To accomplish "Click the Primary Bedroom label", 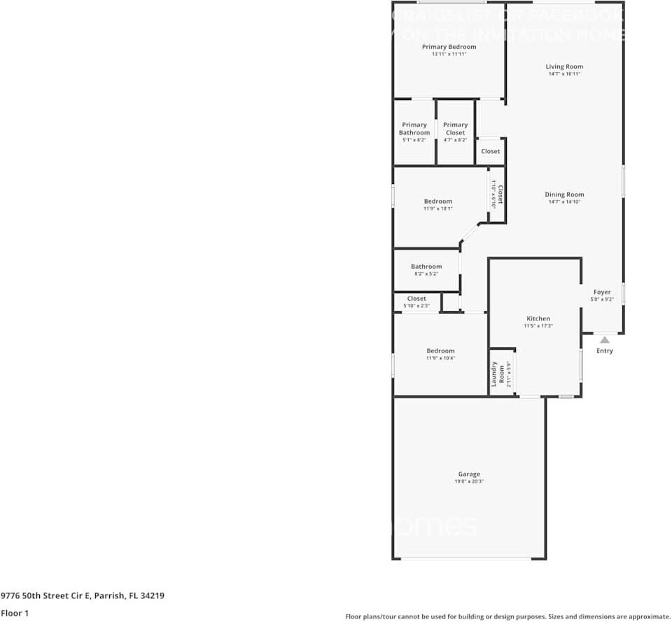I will coord(449,47).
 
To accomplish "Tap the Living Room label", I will coord(564,67).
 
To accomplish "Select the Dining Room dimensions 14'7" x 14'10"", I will coord(564,202).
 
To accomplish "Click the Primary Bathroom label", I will coord(414,129).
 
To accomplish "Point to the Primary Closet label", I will coord(455,129).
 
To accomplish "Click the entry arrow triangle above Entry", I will coord(604,340).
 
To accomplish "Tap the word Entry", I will coord(604,351).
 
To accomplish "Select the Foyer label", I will coord(602,292).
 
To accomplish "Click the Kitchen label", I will coord(538,318).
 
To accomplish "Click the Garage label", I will coord(469,474).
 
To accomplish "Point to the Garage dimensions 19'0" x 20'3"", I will coord(469,481).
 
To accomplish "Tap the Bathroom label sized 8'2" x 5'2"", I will coord(426,267).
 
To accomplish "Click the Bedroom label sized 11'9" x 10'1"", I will coord(438,202).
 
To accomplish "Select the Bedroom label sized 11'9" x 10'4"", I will coord(440,351).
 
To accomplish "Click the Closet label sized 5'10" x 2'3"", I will coord(416,299).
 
